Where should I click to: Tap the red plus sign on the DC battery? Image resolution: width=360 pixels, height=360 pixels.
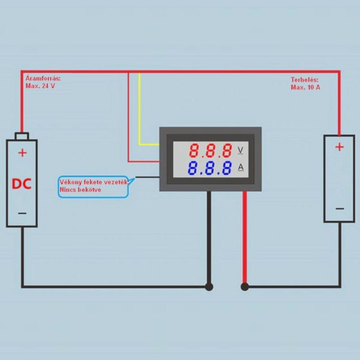click(x=22, y=153)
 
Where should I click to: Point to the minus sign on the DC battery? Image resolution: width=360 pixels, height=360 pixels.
click(x=22, y=213)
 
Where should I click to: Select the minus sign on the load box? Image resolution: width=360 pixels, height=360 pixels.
click(x=340, y=208)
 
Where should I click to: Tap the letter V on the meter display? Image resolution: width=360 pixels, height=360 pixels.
click(x=241, y=149)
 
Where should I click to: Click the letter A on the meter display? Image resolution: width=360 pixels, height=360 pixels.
click(x=241, y=167)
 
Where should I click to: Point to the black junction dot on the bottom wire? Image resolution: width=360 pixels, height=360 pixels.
click(x=209, y=287)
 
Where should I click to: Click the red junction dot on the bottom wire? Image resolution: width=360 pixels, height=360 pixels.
click(x=245, y=287)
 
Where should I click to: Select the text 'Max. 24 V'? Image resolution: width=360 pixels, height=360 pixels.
click(x=40, y=86)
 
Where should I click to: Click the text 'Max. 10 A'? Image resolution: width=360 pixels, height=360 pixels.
click(x=305, y=87)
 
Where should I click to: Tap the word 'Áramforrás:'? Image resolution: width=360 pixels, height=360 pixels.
click(x=43, y=79)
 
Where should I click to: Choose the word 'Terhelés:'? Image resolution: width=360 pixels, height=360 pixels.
click(x=304, y=79)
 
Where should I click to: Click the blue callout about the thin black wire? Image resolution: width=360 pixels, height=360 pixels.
click(x=93, y=185)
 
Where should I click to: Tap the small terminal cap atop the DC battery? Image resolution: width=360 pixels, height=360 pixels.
click(x=22, y=136)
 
